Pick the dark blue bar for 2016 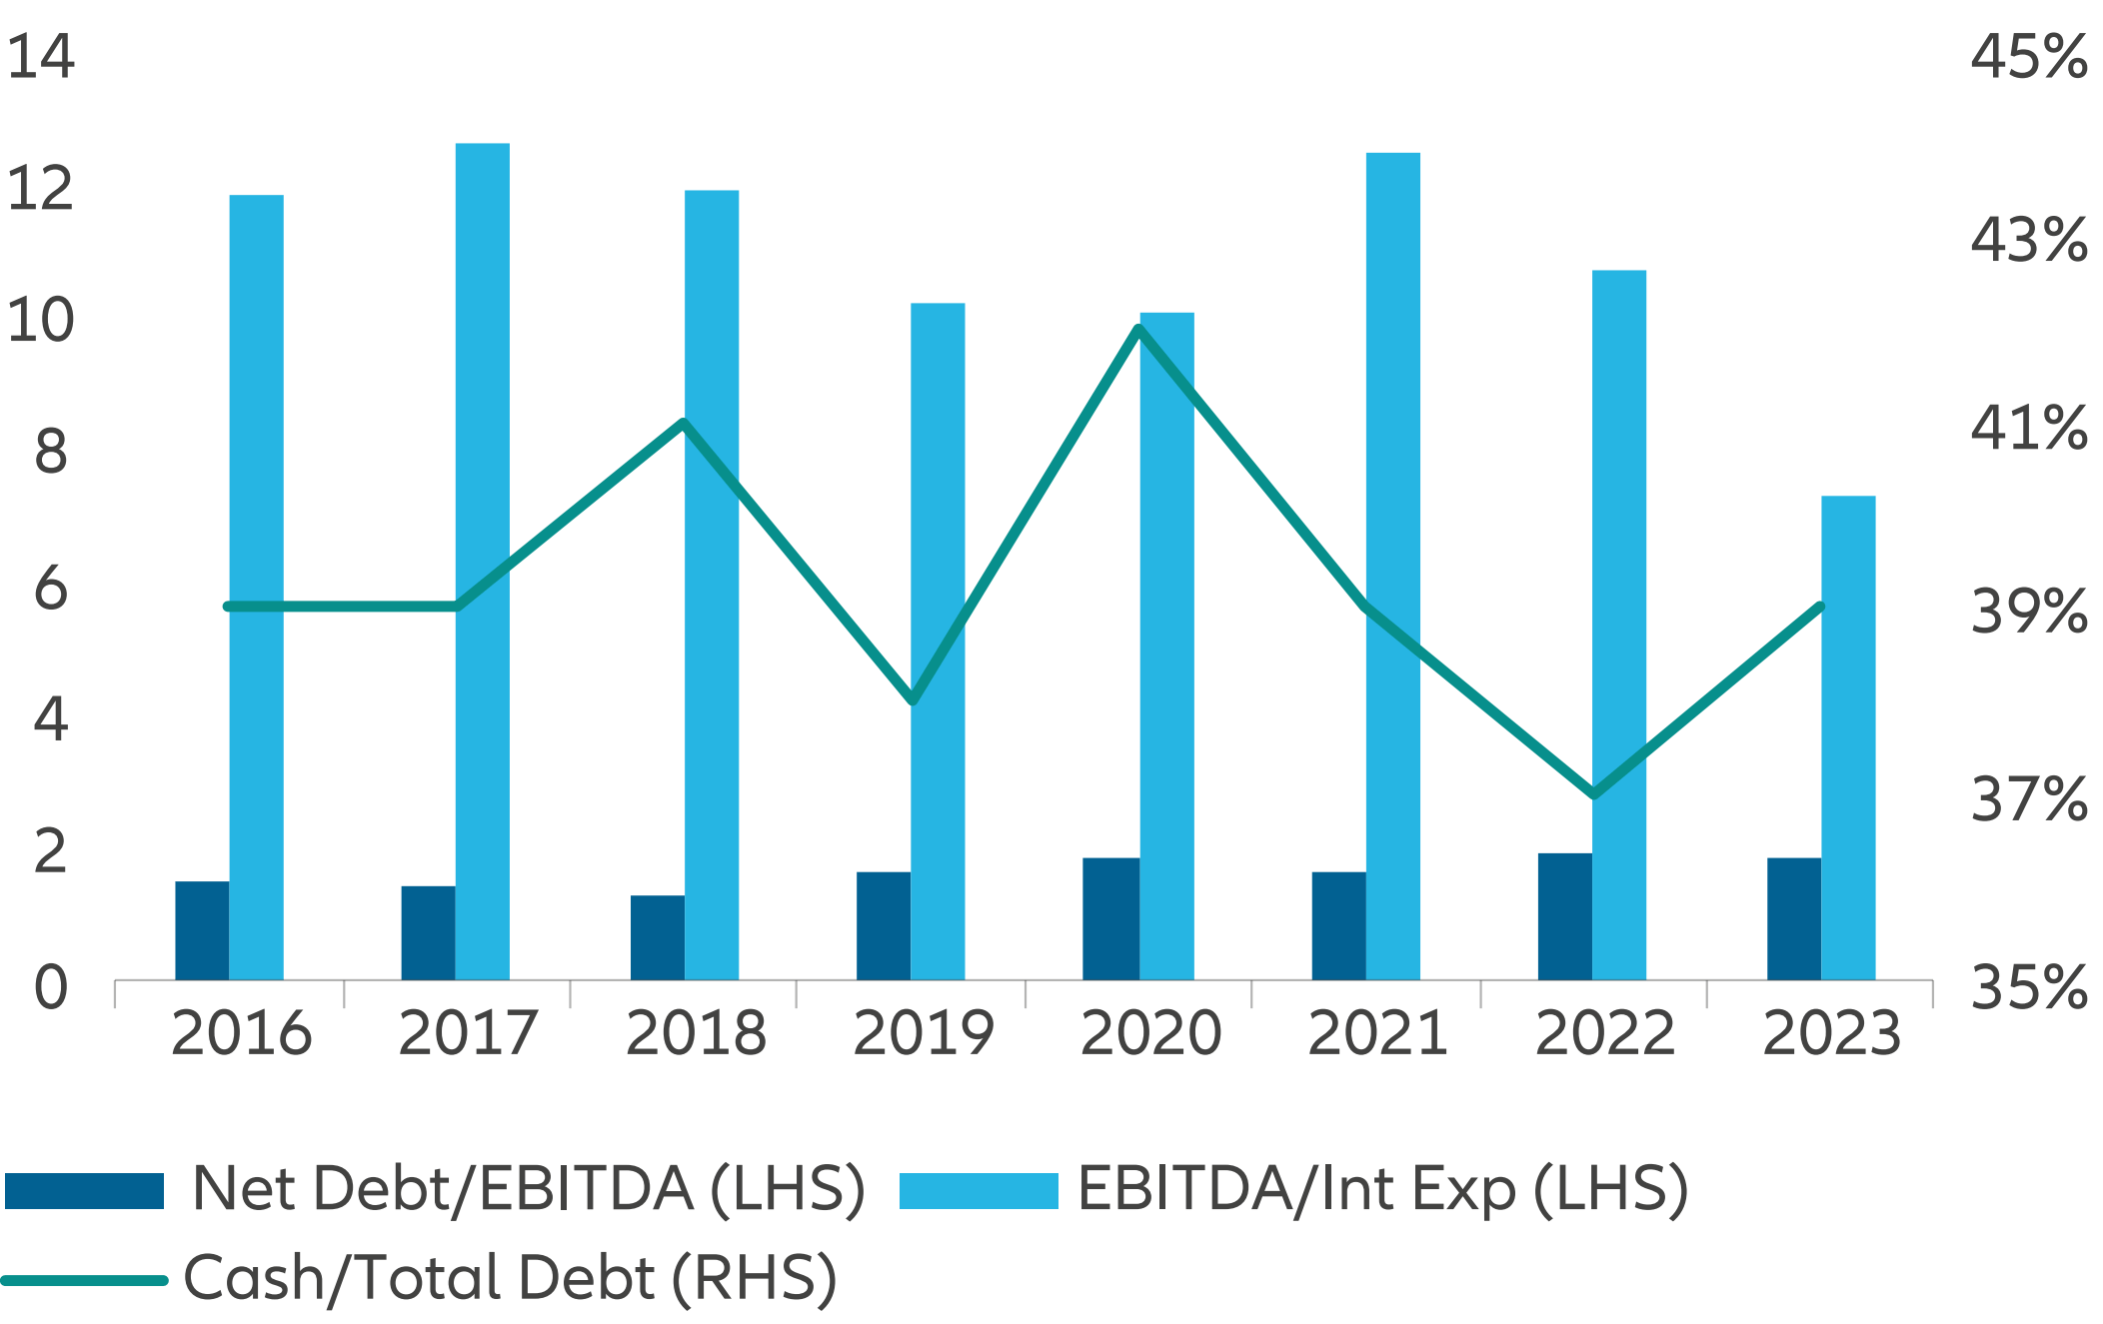click(202, 930)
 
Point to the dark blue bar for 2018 click(657, 937)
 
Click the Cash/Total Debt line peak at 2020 click(1139, 329)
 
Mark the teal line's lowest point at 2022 click(1593, 794)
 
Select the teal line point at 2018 click(684, 423)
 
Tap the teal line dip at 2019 click(913, 700)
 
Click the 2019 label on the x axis click(923, 1033)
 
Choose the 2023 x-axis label click(1831, 1033)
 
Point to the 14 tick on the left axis click(41, 56)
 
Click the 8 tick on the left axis click(50, 452)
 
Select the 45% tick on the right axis click(2028, 56)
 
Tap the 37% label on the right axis click(2028, 800)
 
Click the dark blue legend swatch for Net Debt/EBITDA click(84, 1190)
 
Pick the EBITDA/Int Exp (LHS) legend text click(1382, 1189)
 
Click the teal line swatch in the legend click(84, 1280)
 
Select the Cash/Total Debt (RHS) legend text click(510, 1278)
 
